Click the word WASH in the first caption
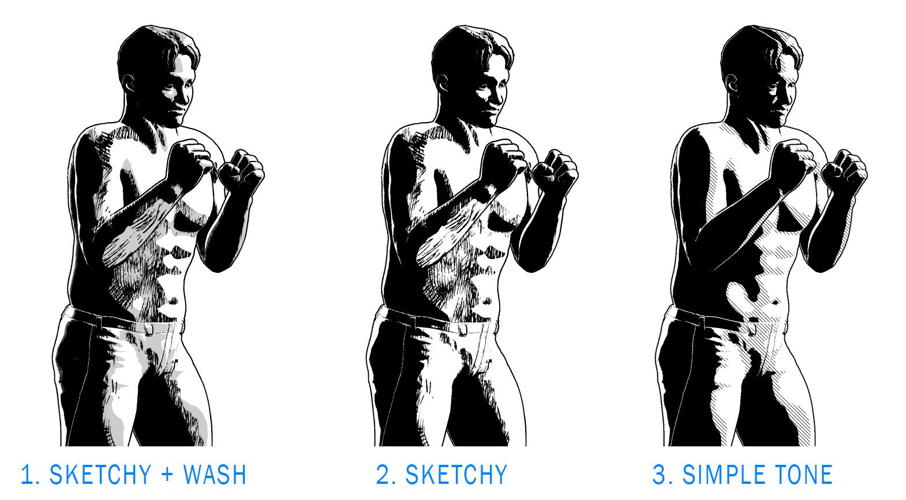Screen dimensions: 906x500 214,475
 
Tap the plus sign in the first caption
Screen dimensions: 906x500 167,475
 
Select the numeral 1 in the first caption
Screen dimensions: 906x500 27,475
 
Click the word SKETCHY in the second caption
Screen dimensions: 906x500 456,475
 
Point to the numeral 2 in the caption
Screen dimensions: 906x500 383,475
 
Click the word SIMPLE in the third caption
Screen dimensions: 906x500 724,475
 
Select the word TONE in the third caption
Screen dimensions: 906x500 803,475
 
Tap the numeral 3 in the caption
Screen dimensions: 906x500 659,475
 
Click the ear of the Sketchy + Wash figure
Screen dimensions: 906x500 129,84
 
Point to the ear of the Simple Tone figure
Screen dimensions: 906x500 732,84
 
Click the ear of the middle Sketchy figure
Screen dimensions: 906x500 443,84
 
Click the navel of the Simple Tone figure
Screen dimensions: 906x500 776,302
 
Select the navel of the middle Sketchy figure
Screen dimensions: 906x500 486,302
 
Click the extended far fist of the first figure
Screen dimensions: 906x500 241,170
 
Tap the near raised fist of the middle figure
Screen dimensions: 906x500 504,160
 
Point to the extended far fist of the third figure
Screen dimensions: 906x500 844,170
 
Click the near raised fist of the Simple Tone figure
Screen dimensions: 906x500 793,160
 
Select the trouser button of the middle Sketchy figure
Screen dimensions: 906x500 462,330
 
